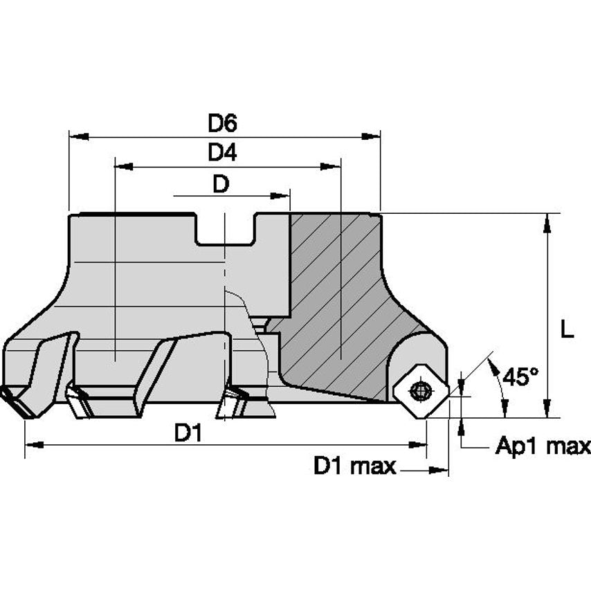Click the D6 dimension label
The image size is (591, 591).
[223, 123]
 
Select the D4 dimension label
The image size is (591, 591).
[223, 153]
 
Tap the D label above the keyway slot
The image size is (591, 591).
[221, 184]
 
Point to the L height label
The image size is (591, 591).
[567, 331]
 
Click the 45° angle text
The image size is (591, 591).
[521, 377]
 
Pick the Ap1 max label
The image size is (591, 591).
[543, 446]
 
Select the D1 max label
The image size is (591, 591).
[354, 466]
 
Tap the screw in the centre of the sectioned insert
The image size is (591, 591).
[419, 391]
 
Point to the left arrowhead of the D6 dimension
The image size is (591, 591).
[76, 137]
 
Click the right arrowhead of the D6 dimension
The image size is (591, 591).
[373, 137]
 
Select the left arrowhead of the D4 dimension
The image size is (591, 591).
[122, 167]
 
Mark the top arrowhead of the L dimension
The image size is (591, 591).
[547, 220]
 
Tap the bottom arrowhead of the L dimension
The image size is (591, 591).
[547, 411]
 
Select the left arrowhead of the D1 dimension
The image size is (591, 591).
[32, 445]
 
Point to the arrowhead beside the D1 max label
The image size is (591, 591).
[440, 471]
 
